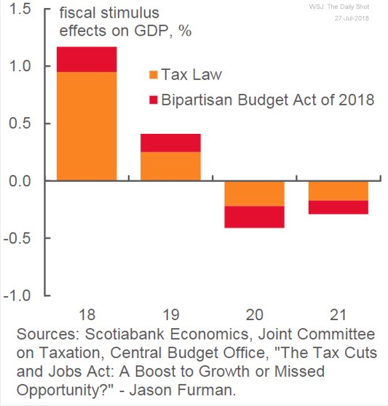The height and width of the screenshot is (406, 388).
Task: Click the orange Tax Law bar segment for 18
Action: (x=86, y=126)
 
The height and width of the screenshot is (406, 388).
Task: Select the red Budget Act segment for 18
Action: (x=86, y=59)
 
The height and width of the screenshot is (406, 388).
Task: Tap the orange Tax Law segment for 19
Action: (x=170, y=166)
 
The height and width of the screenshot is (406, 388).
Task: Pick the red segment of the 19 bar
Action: (x=170, y=143)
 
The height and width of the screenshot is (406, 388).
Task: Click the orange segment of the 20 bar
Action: (x=253, y=193)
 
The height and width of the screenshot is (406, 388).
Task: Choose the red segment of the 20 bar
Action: (x=253, y=217)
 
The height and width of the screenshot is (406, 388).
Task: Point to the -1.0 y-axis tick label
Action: (x=17, y=296)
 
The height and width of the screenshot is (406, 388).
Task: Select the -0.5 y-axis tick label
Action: (x=17, y=239)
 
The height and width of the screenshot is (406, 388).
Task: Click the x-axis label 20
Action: (x=253, y=314)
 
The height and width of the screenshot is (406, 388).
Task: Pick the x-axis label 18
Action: (x=86, y=314)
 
